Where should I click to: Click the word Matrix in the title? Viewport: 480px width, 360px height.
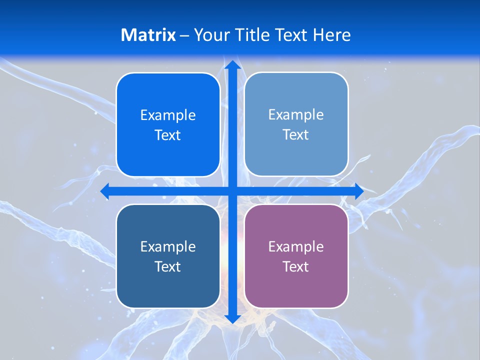pos(148,35)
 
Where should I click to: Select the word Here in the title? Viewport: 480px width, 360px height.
pos(331,35)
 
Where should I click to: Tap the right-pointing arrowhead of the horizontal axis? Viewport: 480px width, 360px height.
pos(358,191)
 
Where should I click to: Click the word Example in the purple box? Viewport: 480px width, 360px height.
pos(296,246)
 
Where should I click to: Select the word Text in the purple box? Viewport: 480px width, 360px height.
pos(296,266)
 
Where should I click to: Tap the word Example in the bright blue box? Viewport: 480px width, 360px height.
pos(168,115)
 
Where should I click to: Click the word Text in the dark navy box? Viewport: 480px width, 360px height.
pos(168,266)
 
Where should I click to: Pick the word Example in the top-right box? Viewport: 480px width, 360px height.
pos(296,115)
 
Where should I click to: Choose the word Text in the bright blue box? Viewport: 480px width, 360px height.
pos(168,135)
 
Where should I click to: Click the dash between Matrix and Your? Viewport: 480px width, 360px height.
pos(184,35)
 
